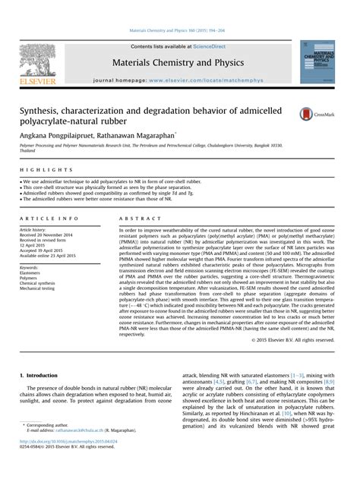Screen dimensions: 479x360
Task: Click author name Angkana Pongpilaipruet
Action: tap(65, 131)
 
